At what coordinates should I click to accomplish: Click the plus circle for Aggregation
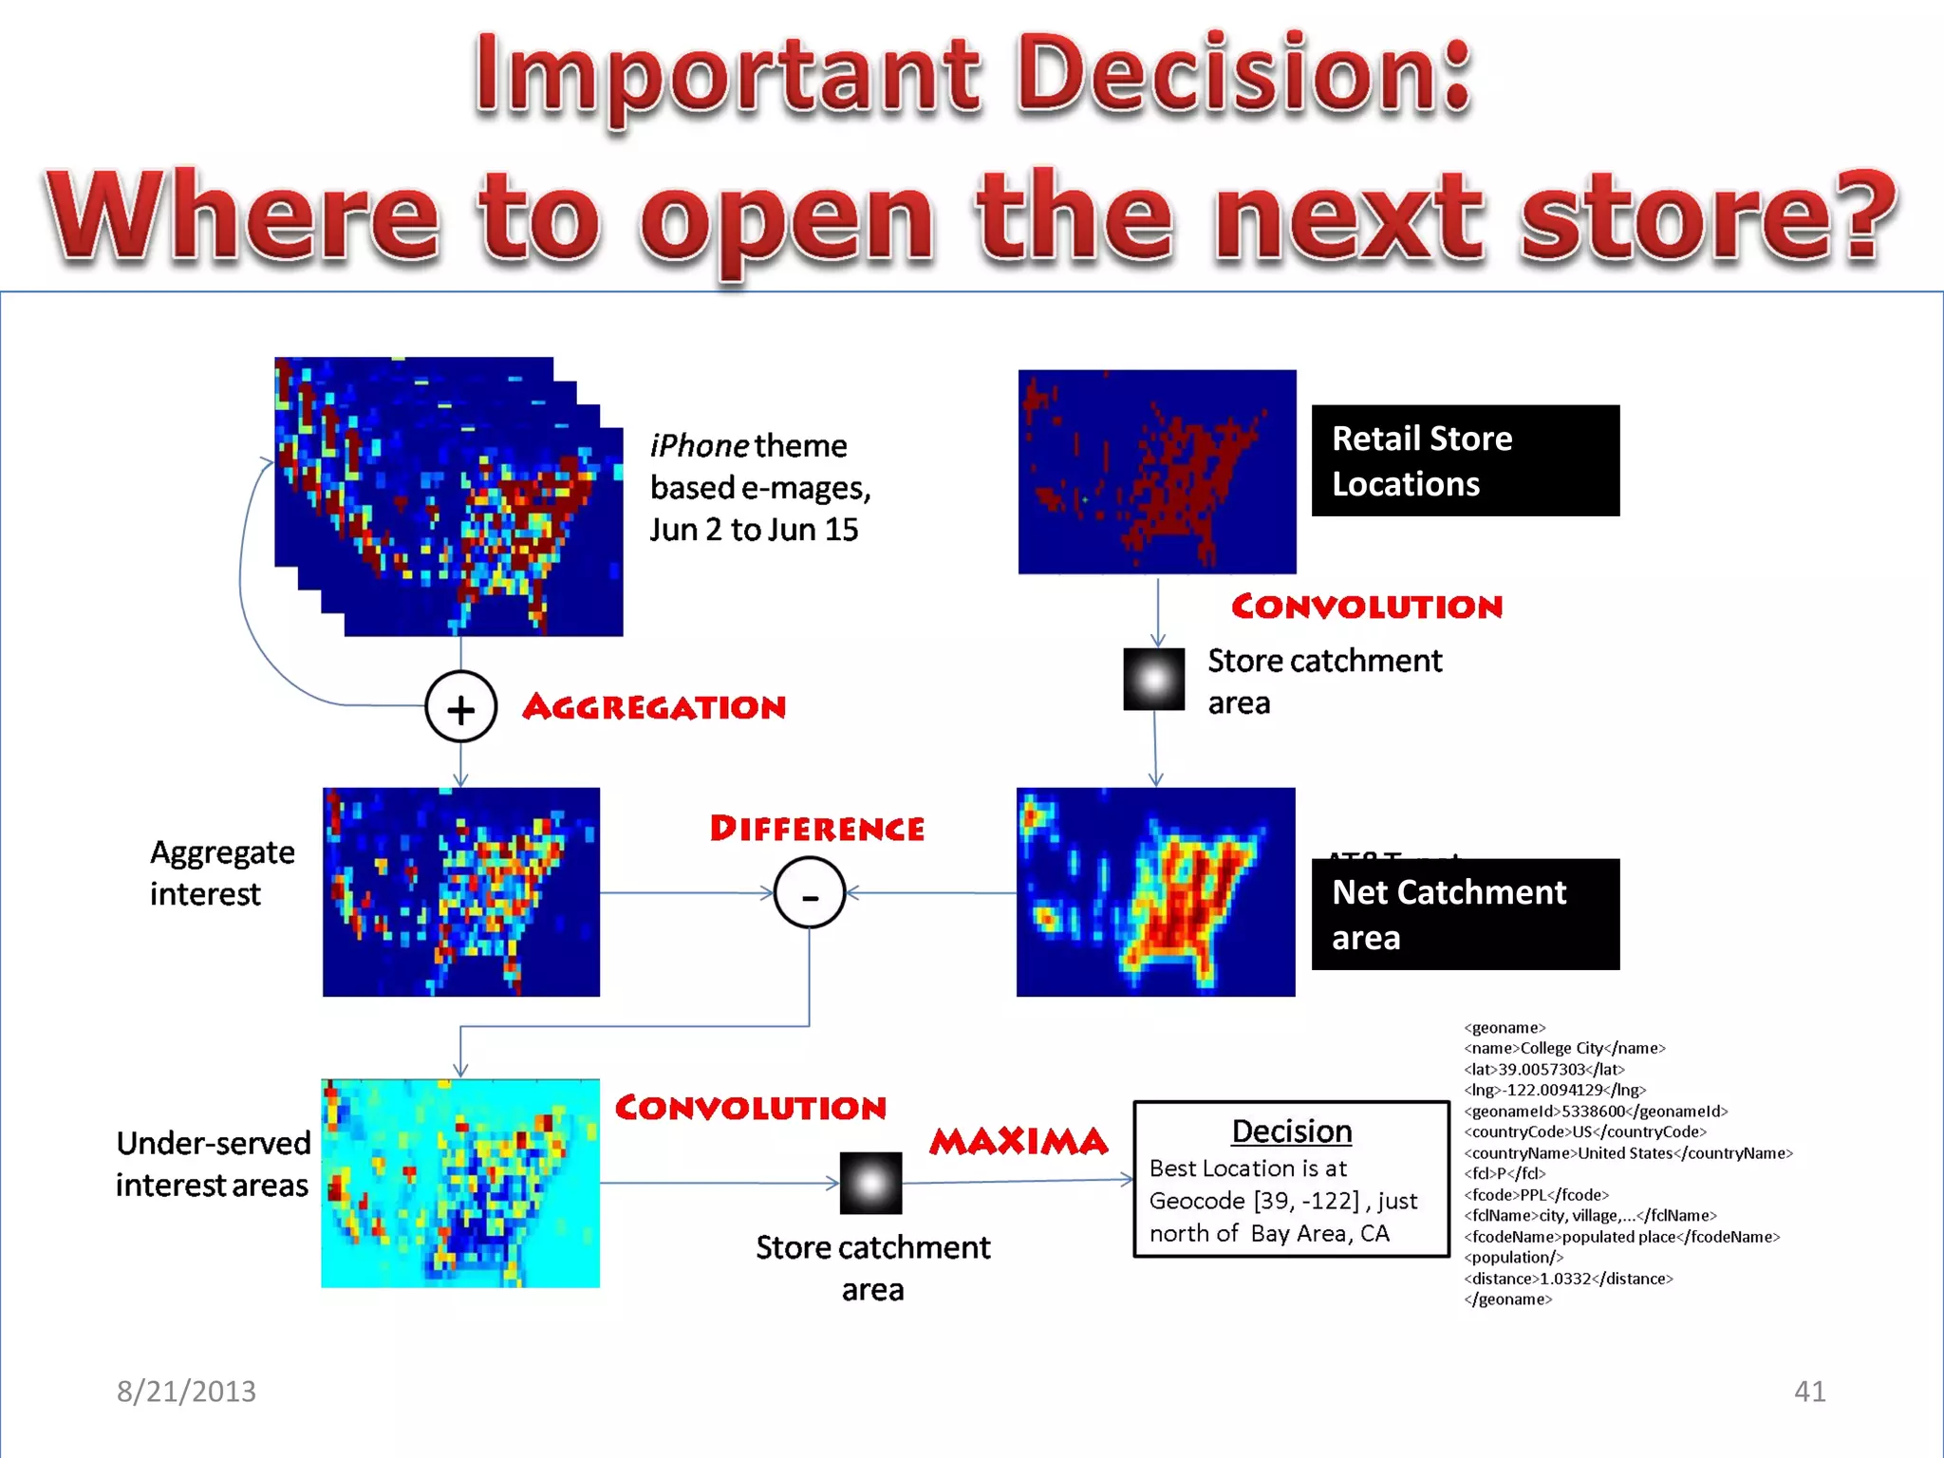460,707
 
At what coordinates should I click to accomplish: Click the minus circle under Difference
809,892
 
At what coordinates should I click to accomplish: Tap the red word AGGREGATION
654,707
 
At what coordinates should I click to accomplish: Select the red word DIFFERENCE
816,829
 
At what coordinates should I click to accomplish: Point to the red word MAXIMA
1019,1141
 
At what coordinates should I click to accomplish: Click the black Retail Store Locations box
1465,461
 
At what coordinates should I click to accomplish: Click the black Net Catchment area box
1465,914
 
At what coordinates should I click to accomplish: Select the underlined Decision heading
1291,1131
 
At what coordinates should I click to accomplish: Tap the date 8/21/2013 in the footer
186,1391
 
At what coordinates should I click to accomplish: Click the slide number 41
1809,1391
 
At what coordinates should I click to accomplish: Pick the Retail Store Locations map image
1156,472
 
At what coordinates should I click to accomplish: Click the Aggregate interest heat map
460,892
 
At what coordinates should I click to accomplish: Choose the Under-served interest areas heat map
460,1183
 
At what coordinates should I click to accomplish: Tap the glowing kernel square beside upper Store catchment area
1153,680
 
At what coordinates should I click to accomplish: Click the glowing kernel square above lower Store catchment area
870,1183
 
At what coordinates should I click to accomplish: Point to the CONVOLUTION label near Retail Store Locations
1367,607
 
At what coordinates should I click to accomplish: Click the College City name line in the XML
1564,1048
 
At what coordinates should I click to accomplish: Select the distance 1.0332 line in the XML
1568,1279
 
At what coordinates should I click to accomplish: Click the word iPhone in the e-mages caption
700,445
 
